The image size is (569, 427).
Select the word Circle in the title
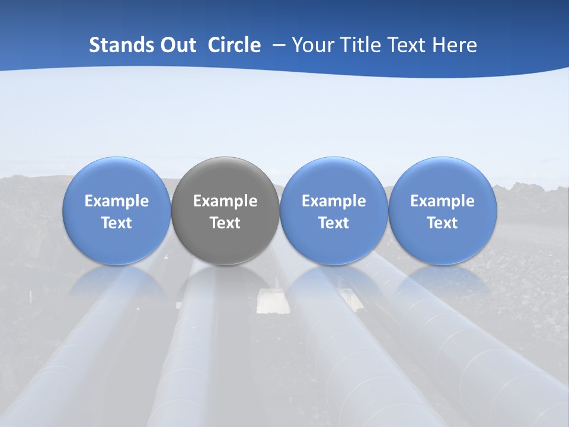pos(234,45)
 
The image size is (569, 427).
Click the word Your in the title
pos(312,45)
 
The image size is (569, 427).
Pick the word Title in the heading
pos(360,45)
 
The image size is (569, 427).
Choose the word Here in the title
pos(456,45)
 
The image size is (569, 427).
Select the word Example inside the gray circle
pos(225,201)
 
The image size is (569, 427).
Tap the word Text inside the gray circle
pos(225,223)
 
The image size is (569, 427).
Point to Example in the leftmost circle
pos(117,201)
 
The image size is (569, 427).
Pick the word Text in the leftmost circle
pos(117,223)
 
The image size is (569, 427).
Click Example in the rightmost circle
pos(442,201)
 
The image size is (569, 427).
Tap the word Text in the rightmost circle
pos(442,223)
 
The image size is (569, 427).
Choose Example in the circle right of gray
pos(334,201)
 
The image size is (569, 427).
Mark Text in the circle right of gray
pos(334,223)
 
